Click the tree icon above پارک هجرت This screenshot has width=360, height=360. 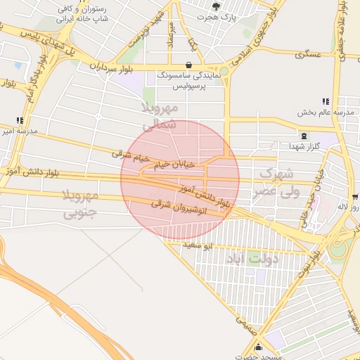tap(216, 5)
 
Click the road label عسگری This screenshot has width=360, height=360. tap(308, 54)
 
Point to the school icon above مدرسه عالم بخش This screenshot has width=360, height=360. tap(325, 102)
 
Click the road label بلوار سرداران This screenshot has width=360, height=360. tap(111, 67)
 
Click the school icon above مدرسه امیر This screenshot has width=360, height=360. tap(20, 120)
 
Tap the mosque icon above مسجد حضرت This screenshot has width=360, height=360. tap(258, 347)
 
